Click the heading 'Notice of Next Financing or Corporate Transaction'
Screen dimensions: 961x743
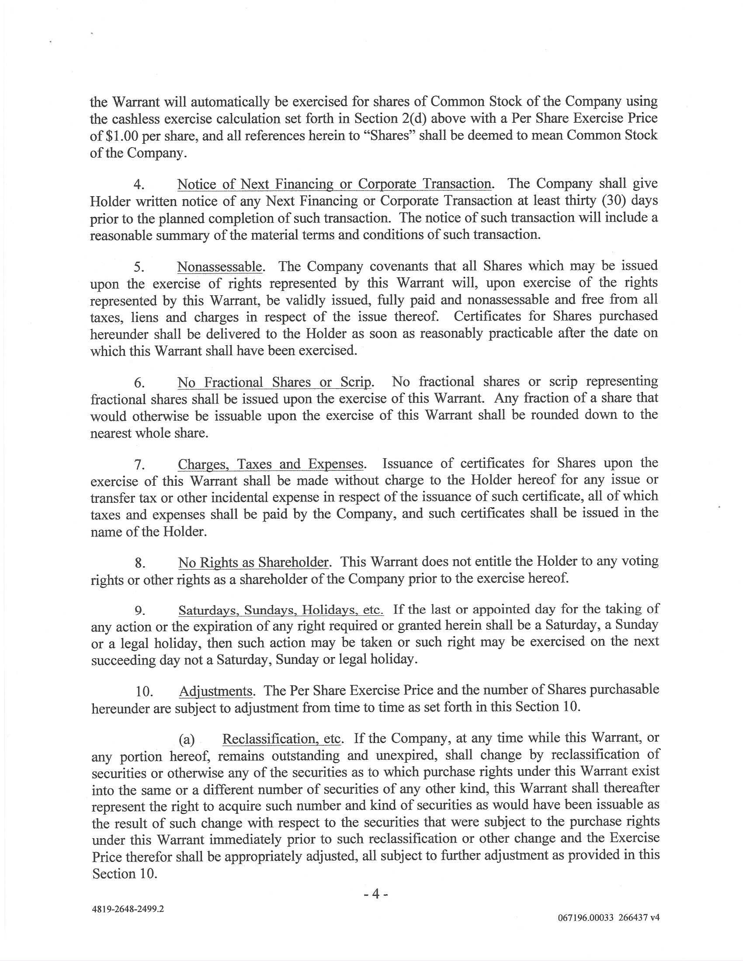334,183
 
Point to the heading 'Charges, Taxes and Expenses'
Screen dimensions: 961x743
271,464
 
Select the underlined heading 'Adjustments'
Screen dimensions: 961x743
215,691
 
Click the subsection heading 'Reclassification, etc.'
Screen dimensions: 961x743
282,739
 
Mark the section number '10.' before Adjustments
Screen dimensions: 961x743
144,692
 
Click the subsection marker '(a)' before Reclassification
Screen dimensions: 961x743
186,740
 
